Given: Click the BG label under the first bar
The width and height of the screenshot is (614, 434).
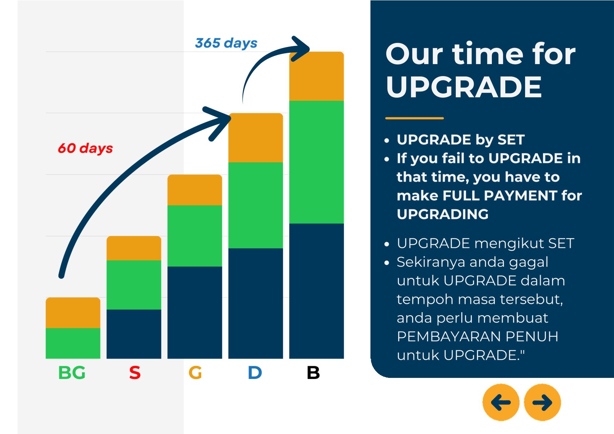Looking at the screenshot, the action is point(72,373).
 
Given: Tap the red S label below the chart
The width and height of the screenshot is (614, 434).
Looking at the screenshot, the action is point(135,373).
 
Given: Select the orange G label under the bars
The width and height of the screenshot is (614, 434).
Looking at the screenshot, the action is point(195,373).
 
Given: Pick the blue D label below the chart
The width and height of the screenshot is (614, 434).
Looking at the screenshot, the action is point(255,373).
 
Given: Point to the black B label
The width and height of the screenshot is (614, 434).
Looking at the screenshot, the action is point(313,373).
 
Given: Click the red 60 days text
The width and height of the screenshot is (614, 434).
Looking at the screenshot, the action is point(85,148).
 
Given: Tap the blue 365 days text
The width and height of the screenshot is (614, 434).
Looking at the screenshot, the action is point(226,43).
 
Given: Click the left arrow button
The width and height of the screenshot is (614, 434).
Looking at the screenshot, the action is point(501,402).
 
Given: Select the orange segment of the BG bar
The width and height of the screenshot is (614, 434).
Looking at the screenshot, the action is point(73,313).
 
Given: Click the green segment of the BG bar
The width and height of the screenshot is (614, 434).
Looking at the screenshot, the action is point(73,343).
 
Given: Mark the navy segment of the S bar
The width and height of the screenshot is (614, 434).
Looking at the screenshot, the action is point(134,334).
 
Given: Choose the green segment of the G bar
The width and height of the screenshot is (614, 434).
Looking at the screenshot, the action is point(195,236).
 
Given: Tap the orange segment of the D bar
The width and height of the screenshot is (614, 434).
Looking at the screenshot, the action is point(256,137).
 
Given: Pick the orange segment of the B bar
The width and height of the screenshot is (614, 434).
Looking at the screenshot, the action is point(316,76).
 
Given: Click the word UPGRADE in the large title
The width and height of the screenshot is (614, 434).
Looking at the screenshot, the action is point(464,87).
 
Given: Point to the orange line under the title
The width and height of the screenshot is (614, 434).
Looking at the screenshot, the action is point(415,118).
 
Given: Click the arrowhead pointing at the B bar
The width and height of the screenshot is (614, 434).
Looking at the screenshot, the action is point(301,49).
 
